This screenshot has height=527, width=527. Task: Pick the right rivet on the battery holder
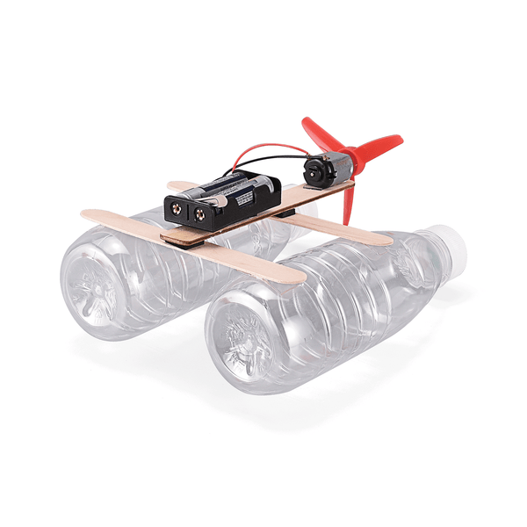click(x=201, y=213)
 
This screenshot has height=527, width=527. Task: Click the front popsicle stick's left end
click(x=92, y=215)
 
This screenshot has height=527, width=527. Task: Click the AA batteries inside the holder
click(x=230, y=187)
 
